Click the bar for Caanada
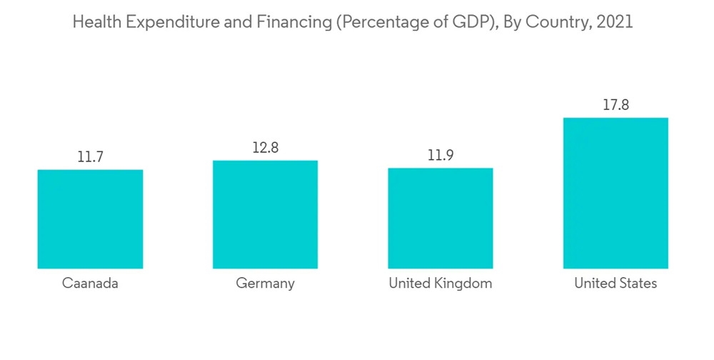pyautogui.click(x=90, y=219)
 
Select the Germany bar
pyautogui.click(x=265, y=214)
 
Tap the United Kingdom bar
pyautogui.click(x=440, y=218)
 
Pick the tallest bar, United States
pyautogui.click(x=615, y=193)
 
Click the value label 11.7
pyautogui.click(x=91, y=157)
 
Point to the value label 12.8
pyautogui.click(x=265, y=148)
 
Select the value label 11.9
pyautogui.click(x=441, y=156)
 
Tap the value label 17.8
pyautogui.click(x=615, y=105)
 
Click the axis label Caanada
pyautogui.click(x=90, y=284)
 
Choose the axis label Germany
pyautogui.click(x=265, y=284)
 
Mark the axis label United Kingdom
pyautogui.click(x=440, y=284)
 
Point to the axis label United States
pyautogui.click(x=615, y=284)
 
